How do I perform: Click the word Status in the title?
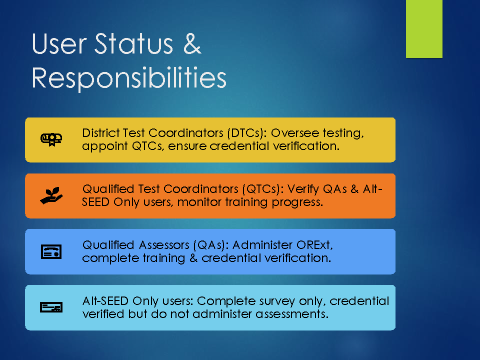click(134, 44)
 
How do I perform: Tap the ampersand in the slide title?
click(192, 44)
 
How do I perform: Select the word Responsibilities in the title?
click(129, 78)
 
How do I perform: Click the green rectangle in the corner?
click(424, 29)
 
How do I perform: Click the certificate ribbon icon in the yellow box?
click(51, 139)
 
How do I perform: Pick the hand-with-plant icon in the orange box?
click(51, 195)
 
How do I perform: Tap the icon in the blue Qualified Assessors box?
click(51, 251)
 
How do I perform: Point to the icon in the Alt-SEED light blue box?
click(51, 307)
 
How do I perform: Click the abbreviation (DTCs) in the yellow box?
click(245, 133)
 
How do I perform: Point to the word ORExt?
click(314, 245)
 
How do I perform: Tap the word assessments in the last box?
click(291, 314)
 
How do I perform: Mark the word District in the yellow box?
click(100, 133)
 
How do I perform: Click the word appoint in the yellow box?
click(104, 146)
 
